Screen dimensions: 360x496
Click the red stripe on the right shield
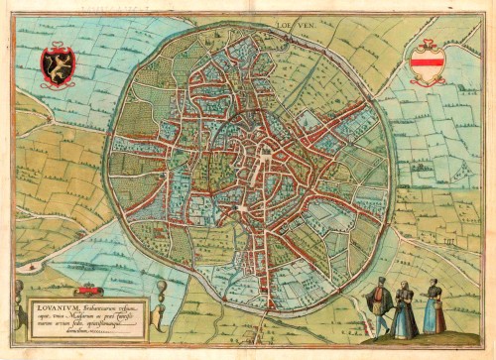point(429,65)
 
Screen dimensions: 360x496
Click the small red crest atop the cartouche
point(88,290)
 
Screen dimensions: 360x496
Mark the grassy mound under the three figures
point(407,343)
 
